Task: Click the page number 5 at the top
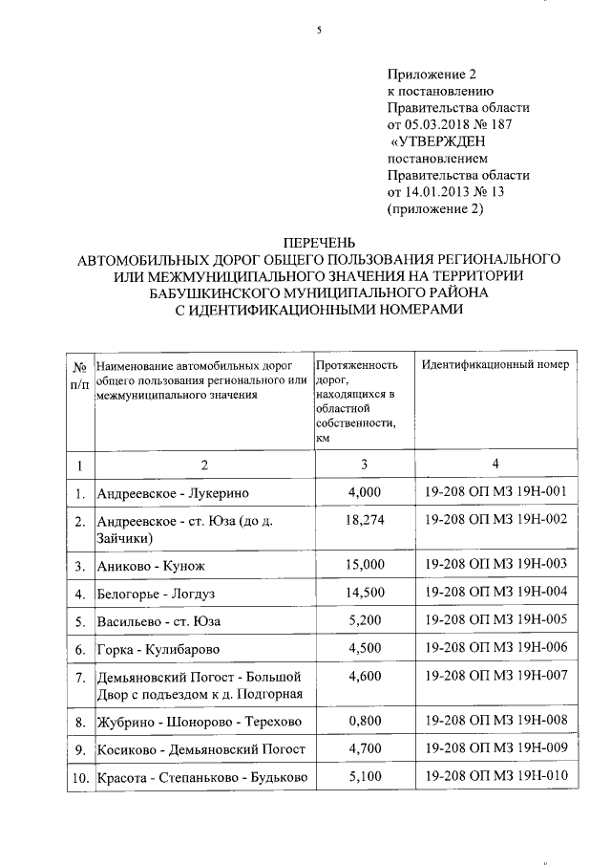click(x=319, y=31)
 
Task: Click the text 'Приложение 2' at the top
click(x=431, y=74)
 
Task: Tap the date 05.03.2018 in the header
click(x=442, y=125)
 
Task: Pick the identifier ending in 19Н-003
click(x=496, y=564)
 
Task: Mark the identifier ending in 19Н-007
click(x=496, y=676)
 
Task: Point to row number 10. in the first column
click(x=79, y=779)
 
